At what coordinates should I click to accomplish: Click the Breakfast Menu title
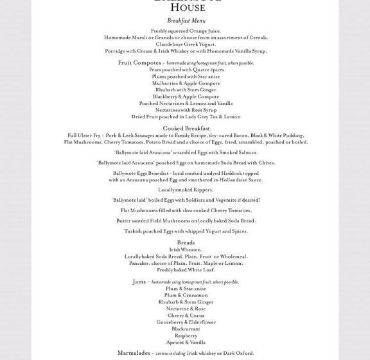click(186, 21)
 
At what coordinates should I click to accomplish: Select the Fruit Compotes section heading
click(139, 63)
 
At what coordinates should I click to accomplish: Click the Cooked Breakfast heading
click(186, 129)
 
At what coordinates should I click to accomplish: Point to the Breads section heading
click(186, 242)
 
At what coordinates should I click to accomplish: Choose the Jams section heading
click(139, 282)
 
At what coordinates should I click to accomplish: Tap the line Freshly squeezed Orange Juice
click(186, 31)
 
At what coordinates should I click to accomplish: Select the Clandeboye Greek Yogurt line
click(186, 44)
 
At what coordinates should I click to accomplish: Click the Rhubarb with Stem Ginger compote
click(186, 90)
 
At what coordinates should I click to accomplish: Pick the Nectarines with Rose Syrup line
click(186, 110)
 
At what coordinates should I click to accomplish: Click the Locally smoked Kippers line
click(186, 190)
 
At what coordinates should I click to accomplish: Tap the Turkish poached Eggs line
click(186, 231)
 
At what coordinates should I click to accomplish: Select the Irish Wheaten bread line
click(186, 249)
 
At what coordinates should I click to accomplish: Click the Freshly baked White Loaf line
click(186, 270)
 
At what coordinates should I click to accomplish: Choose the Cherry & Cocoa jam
click(186, 316)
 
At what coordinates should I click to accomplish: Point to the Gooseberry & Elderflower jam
click(186, 322)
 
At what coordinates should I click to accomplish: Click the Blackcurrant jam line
click(186, 329)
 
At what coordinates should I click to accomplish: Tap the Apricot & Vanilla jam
click(186, 343)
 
